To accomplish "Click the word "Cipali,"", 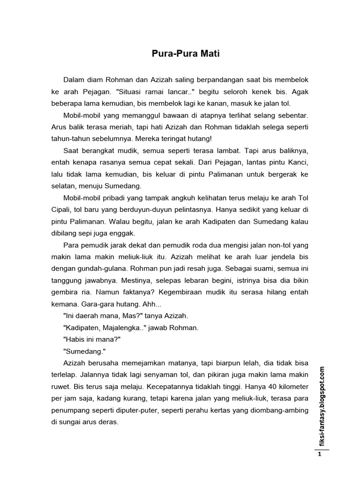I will tap(62, 209).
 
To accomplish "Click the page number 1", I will tap(319, 454).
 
